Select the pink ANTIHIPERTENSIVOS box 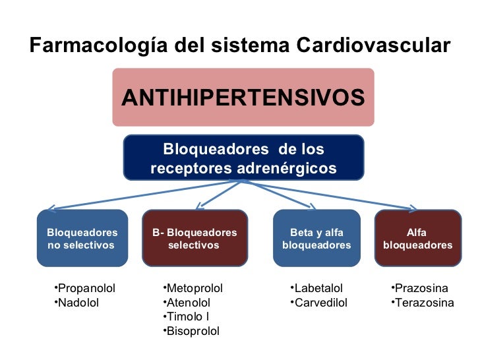click(x=243, y=98)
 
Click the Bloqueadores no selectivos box click(x=82, y=238)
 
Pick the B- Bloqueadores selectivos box click(x=195, y=238)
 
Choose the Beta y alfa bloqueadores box click(x=316, y=238)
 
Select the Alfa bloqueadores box click(x=417, y=238)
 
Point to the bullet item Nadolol click(x=78, y=303)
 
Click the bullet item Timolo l click(x=188, y=316)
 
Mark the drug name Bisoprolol click(x=193, y=330)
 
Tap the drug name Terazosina click(x=423, y=303)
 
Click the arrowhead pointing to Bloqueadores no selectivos click(x=49, y=206)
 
